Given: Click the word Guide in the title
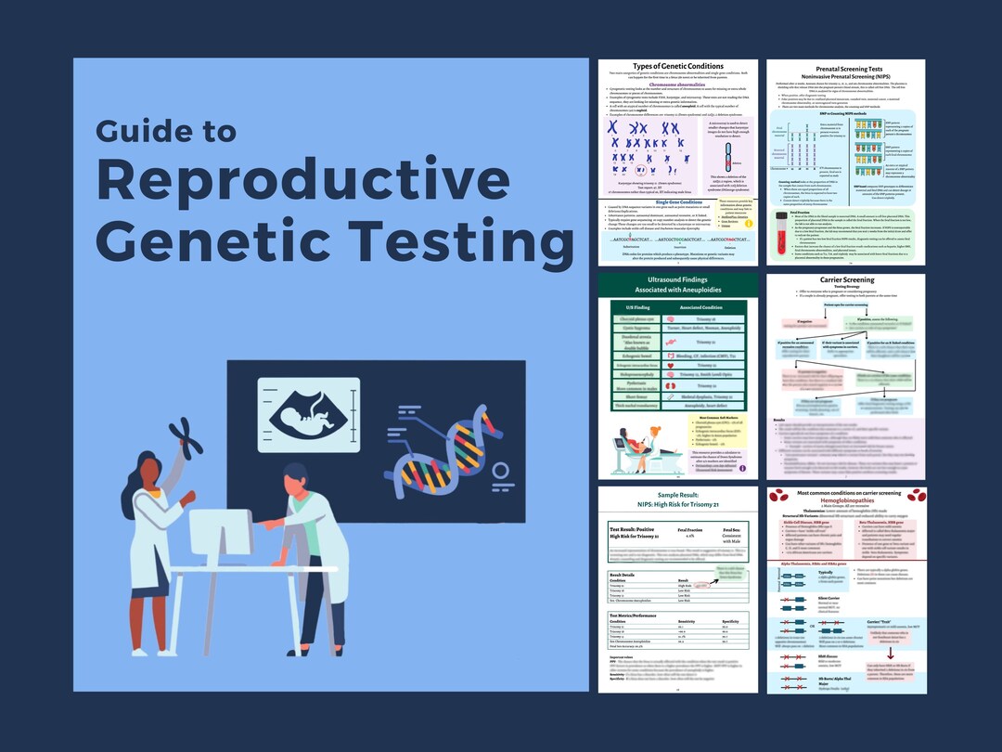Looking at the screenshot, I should [153, 132].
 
